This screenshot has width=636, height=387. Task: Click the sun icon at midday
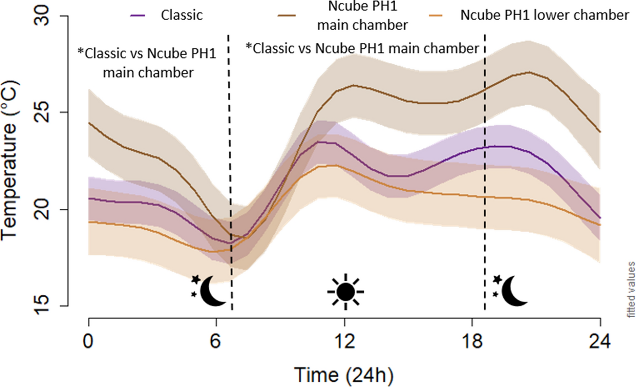pyautogui.click(x=345, y=292)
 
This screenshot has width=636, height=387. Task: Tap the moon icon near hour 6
pyautogui.click(x=209, y=290)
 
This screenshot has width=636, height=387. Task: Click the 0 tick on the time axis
pyautogui.click(x=89, y=342)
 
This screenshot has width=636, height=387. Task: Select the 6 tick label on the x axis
pyautogui.click(x=216, y=342)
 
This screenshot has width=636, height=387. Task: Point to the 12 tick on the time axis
pyautogui.click(x=344, y=342)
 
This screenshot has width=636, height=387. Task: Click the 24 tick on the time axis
pyautogui.click(x=600, y=342)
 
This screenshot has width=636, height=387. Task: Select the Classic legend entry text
pyautogui.click(x=182, y=15)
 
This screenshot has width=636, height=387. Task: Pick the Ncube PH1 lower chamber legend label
pyautogui.click(x=545, y=15)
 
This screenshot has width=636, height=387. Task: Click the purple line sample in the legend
pyautogui.click(x=137, y=15)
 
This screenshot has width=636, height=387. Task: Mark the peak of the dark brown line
pyautogui.click(x=530, y=72)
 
